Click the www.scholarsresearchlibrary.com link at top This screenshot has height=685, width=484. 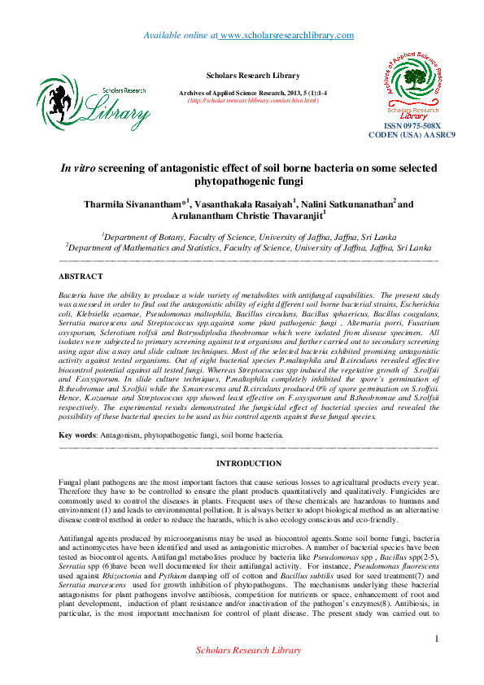click(286, 35)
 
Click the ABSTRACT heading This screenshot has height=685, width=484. click(81, 277)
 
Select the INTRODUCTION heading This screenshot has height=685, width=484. click(248, 464)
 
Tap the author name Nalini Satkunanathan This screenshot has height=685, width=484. click(335, 203)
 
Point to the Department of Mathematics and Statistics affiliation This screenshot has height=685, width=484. click(248, 245)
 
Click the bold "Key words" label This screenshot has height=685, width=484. click(79, 435)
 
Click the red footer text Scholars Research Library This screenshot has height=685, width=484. click(248, 673)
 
